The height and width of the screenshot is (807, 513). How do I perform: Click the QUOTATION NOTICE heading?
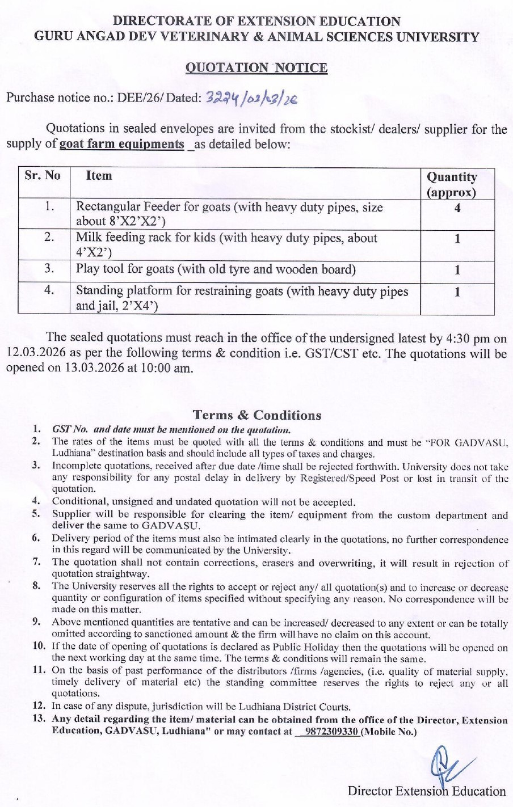pyautogui.click(x=256, y=68)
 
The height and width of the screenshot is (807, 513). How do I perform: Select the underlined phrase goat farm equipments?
pyautogui.click(x=122, y=144)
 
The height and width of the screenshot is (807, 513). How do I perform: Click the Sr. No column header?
pyautogui.click(x=43, y=175)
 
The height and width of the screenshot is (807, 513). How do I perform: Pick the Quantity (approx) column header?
pyautogui.click(x=452, y=184)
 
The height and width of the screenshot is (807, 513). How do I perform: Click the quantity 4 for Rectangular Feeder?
pyautogui.click(x=457, y=208)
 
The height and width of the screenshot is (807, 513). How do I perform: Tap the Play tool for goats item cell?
pyautogui.click(x=216, y=269)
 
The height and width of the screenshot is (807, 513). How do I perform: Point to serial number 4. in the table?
pyautogui.click(x=49, y=290)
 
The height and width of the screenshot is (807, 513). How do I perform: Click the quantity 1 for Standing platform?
pyautogui.click(x=457, y=292)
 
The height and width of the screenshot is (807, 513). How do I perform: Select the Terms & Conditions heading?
pyautogui.click(x=256, y=415)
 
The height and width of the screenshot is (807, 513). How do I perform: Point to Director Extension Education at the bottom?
pyautogui.click(x=426, y=791)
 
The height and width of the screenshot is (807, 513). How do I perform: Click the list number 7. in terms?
pyautogui.click(x=37, y=562)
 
